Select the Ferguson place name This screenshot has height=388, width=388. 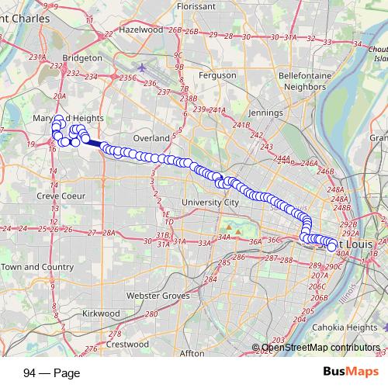pos(218,75)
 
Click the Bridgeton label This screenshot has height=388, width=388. pos(82,57)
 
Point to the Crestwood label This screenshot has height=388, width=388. pos(127,343)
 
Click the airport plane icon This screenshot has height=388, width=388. pos(142,67)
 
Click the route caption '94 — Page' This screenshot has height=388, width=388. pos(48,371)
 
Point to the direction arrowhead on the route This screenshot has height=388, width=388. pos(224,178)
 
